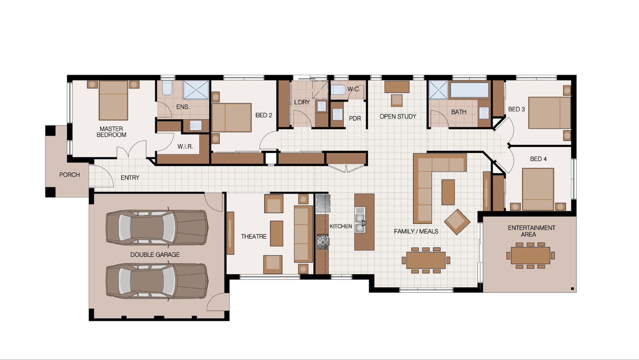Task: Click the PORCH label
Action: point(69,175)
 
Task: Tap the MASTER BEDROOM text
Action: point(111,132)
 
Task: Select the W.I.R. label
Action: point(185,146)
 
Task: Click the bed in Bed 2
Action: point(232,117)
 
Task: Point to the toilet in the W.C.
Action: point(338,90)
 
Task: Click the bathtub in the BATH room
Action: point(469,90)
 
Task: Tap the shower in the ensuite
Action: point(196,90)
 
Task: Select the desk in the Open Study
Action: point(397,87)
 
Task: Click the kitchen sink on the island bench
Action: point(360,223)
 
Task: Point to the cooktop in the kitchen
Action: point(322,242)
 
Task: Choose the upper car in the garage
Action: point(157,228)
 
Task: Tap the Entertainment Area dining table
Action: point(530,256)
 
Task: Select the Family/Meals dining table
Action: point(426,260)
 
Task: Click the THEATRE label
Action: point(254,236)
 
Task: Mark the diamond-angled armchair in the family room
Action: point(457,222)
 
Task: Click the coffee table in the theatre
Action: point(276,233)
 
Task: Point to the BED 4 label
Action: point(538,159)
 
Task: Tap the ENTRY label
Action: point(130,178)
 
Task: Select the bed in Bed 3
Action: point(549,113)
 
